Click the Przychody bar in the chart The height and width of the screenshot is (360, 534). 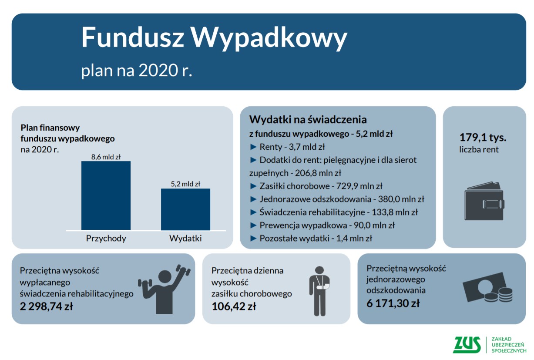point(106,195)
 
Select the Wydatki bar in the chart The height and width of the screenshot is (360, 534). point(185,209)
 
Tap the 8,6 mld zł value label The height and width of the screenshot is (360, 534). point(106,157)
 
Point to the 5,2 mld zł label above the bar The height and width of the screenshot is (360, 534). point(185,184)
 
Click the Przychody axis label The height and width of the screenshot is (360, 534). point(106,238)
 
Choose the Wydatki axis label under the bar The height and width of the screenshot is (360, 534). point(185,238)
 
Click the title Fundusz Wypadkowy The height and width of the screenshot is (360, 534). point(214,38)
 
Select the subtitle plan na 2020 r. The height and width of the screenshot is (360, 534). point(136,71)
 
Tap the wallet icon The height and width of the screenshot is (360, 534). point(484,201)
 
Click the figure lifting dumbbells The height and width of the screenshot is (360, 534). point(164,289)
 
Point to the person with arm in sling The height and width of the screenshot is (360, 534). point(319,291)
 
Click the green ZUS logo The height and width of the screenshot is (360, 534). point(467,344)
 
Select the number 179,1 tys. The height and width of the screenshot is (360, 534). point(483,137)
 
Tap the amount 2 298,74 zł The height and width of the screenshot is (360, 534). point(46,306)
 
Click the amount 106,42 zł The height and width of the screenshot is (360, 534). point(234,306)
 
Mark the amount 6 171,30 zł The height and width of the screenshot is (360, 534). point(393,303)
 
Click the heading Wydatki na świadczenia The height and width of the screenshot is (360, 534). point(308,119)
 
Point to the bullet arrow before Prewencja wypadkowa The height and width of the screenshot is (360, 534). point(253,225)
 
